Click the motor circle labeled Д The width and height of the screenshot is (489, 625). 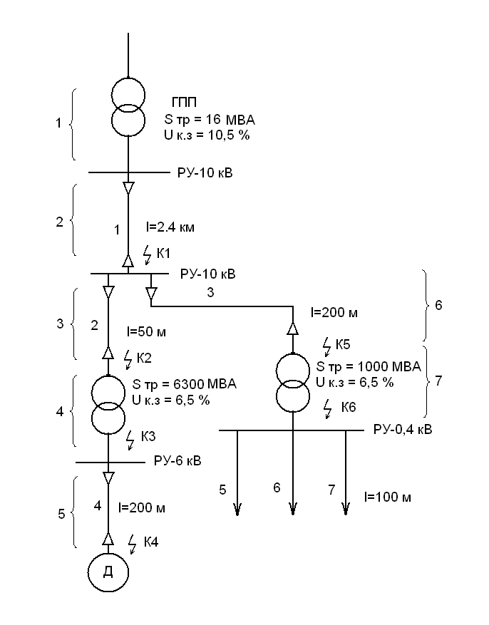tap(108, 572)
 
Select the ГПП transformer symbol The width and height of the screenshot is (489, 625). tap(128, 108)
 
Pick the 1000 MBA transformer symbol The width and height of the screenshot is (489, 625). tap(293, 386)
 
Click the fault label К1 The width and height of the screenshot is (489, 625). tap(164, 253)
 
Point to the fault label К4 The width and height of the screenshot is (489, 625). tap(151, 542)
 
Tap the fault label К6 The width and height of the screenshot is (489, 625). tap(349, 407)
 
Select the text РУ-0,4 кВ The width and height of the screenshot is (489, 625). tap(403, 430)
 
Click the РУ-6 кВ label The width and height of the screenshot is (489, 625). tap(177, 461)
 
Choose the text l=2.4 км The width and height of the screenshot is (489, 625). tap(169, 228)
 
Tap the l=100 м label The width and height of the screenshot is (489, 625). tap(387, 496)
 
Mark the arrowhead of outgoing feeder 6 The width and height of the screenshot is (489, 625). tap(293, 508)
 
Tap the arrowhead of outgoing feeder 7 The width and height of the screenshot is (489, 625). tap(346, 508)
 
